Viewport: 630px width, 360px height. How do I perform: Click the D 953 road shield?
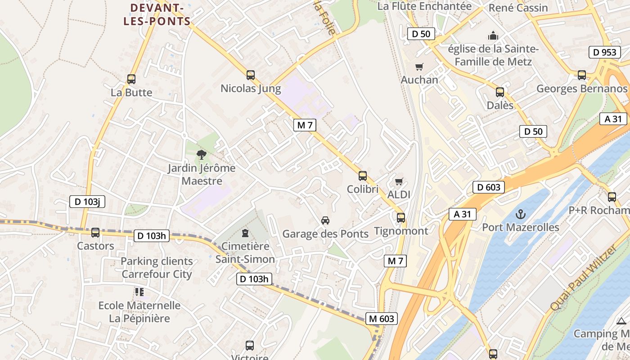coord(604,52)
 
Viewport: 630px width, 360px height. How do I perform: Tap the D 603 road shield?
coord(488,187)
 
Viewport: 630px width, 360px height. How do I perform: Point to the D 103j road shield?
coord(87,202)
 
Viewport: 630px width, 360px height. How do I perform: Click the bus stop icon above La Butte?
coord(131,79)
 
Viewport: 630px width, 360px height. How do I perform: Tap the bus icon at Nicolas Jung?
coord(251,75)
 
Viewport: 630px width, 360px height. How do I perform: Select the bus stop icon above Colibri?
coord(363,176)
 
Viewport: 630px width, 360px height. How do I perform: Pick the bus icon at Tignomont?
coord(401,218)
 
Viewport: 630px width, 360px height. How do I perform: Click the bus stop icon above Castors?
coord(95,233)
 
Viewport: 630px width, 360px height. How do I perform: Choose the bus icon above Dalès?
coord(500,92)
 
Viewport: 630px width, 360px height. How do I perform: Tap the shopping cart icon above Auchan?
coord(419,67)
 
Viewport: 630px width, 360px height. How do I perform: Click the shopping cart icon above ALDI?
coord(399,182)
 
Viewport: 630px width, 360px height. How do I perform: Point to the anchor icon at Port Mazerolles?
coord(521,214)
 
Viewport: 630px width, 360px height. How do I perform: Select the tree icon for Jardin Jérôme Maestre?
coord(202,155)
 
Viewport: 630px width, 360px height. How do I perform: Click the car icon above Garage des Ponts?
coord(325,220)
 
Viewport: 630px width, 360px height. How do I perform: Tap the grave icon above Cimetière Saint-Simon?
coord(245,233)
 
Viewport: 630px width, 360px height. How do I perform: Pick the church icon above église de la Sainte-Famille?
coord(493,36)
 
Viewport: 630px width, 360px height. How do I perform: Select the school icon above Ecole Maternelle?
coord(139,292)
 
